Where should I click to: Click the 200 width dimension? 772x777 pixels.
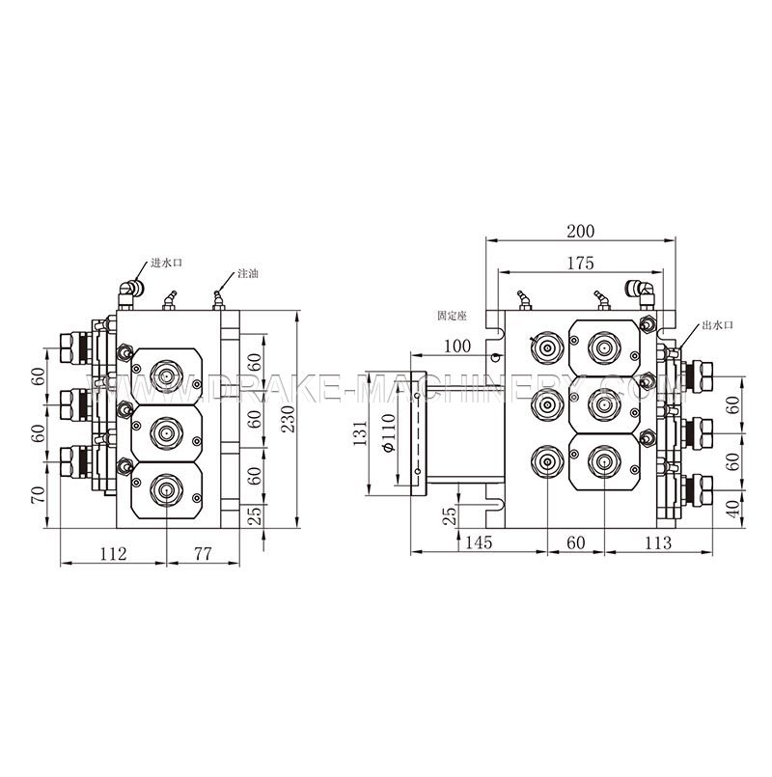pos(581,231)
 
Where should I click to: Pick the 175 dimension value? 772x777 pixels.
pos(581,263)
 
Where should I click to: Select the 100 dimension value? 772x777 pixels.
pos(457,346)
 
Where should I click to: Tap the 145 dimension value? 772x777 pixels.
pos(478,543)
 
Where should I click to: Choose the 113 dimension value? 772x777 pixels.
pos(657,543)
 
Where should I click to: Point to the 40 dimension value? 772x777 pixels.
pos(733,507)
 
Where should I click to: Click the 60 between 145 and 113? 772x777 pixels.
pos(575,543)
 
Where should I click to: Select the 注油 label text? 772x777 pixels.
pos(247,273)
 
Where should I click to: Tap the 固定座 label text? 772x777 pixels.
pos(452,316)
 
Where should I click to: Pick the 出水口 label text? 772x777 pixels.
pos(718,326)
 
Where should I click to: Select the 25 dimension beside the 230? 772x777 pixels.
pos(256,514)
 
